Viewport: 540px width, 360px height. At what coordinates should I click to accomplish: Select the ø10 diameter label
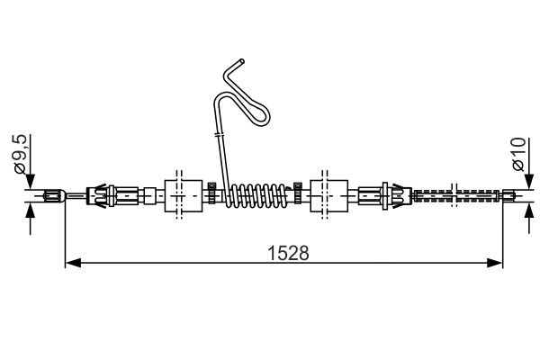(519, 155)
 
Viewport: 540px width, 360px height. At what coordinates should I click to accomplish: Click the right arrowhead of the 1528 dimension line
(494, 264)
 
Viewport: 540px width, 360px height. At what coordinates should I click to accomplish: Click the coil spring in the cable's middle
(257, 194)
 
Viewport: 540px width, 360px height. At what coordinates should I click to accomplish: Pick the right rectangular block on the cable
(328, 194)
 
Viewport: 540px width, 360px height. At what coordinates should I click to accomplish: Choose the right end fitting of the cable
(510, 194)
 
